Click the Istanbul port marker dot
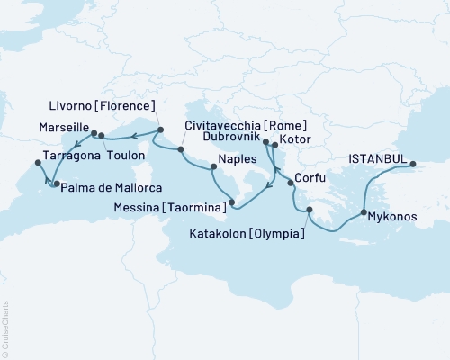tap(414, 165)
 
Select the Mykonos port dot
tap(364, 213)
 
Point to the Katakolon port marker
tap(309, 211)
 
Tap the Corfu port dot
tap(290, 184)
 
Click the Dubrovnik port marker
tap(265, 141)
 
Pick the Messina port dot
tap(232, 202)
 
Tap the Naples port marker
tap(213, 165)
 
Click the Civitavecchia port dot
tap(181, 149)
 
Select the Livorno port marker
tap(160, 130)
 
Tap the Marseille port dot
tap(94, 133)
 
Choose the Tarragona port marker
tap(37, 163)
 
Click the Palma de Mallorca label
tap(105, 185)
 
